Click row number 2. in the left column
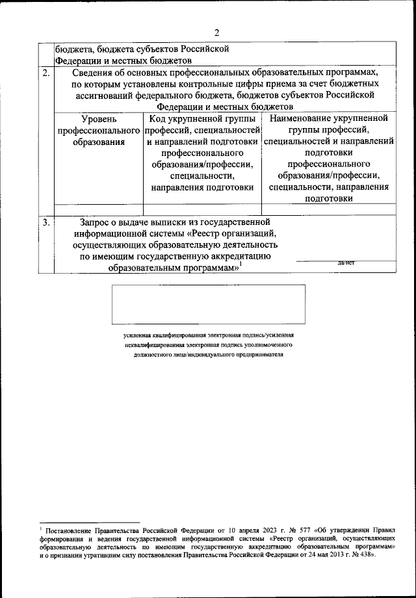pos(47,73)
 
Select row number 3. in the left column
pos(47,222)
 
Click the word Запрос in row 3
pos(97,222)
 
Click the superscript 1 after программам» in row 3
pos(240,263)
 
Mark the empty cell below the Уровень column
pos(99,209)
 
